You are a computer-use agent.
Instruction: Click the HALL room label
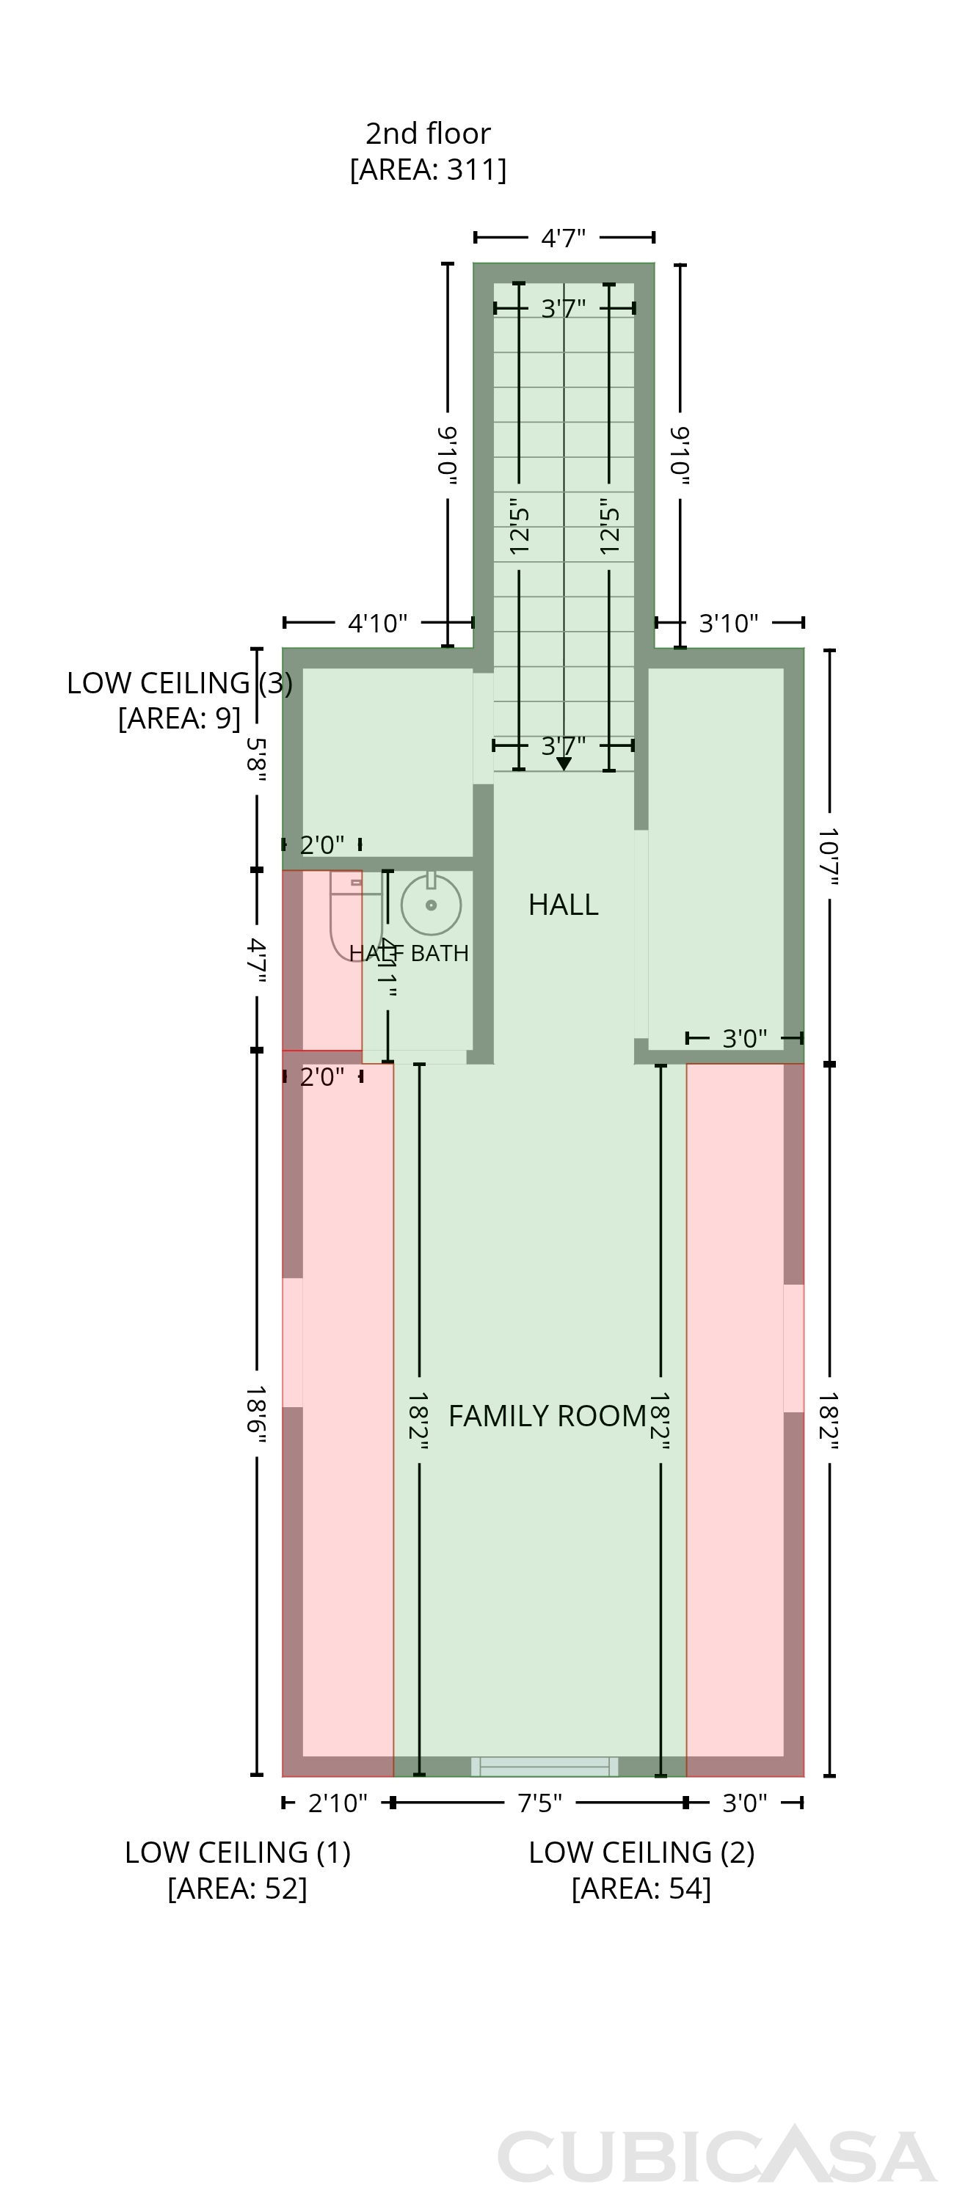click(x=563, y=904)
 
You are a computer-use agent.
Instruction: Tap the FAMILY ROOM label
click(x=547, y=1416)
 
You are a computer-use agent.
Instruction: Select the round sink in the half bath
click(x=432, y=903)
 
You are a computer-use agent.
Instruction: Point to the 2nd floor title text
click(x=428, y=134)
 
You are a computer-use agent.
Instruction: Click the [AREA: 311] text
click(x=428, y=169)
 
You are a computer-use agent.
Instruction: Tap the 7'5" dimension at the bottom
click(x=540, y=1803)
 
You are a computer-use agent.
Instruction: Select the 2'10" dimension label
click(x=338, y=1803)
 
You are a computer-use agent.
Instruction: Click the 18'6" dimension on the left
click(x=256, y=1416)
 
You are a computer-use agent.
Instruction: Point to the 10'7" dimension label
click(x=829, y=856)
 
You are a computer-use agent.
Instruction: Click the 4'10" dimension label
click(x=378, y=623)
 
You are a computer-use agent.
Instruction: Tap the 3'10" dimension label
click(x=729, y=623)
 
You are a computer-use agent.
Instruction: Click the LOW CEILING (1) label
click(x=238, y=1852)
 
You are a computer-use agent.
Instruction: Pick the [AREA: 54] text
click(x=641, y=1888)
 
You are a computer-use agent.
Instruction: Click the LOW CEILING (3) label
click(x=179, y=683)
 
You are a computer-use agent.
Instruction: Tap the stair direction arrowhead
click(x=564, y=764)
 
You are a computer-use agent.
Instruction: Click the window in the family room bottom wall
click(x=545, y=1766)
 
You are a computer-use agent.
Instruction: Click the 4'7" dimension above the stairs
click(x=564, y=238)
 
